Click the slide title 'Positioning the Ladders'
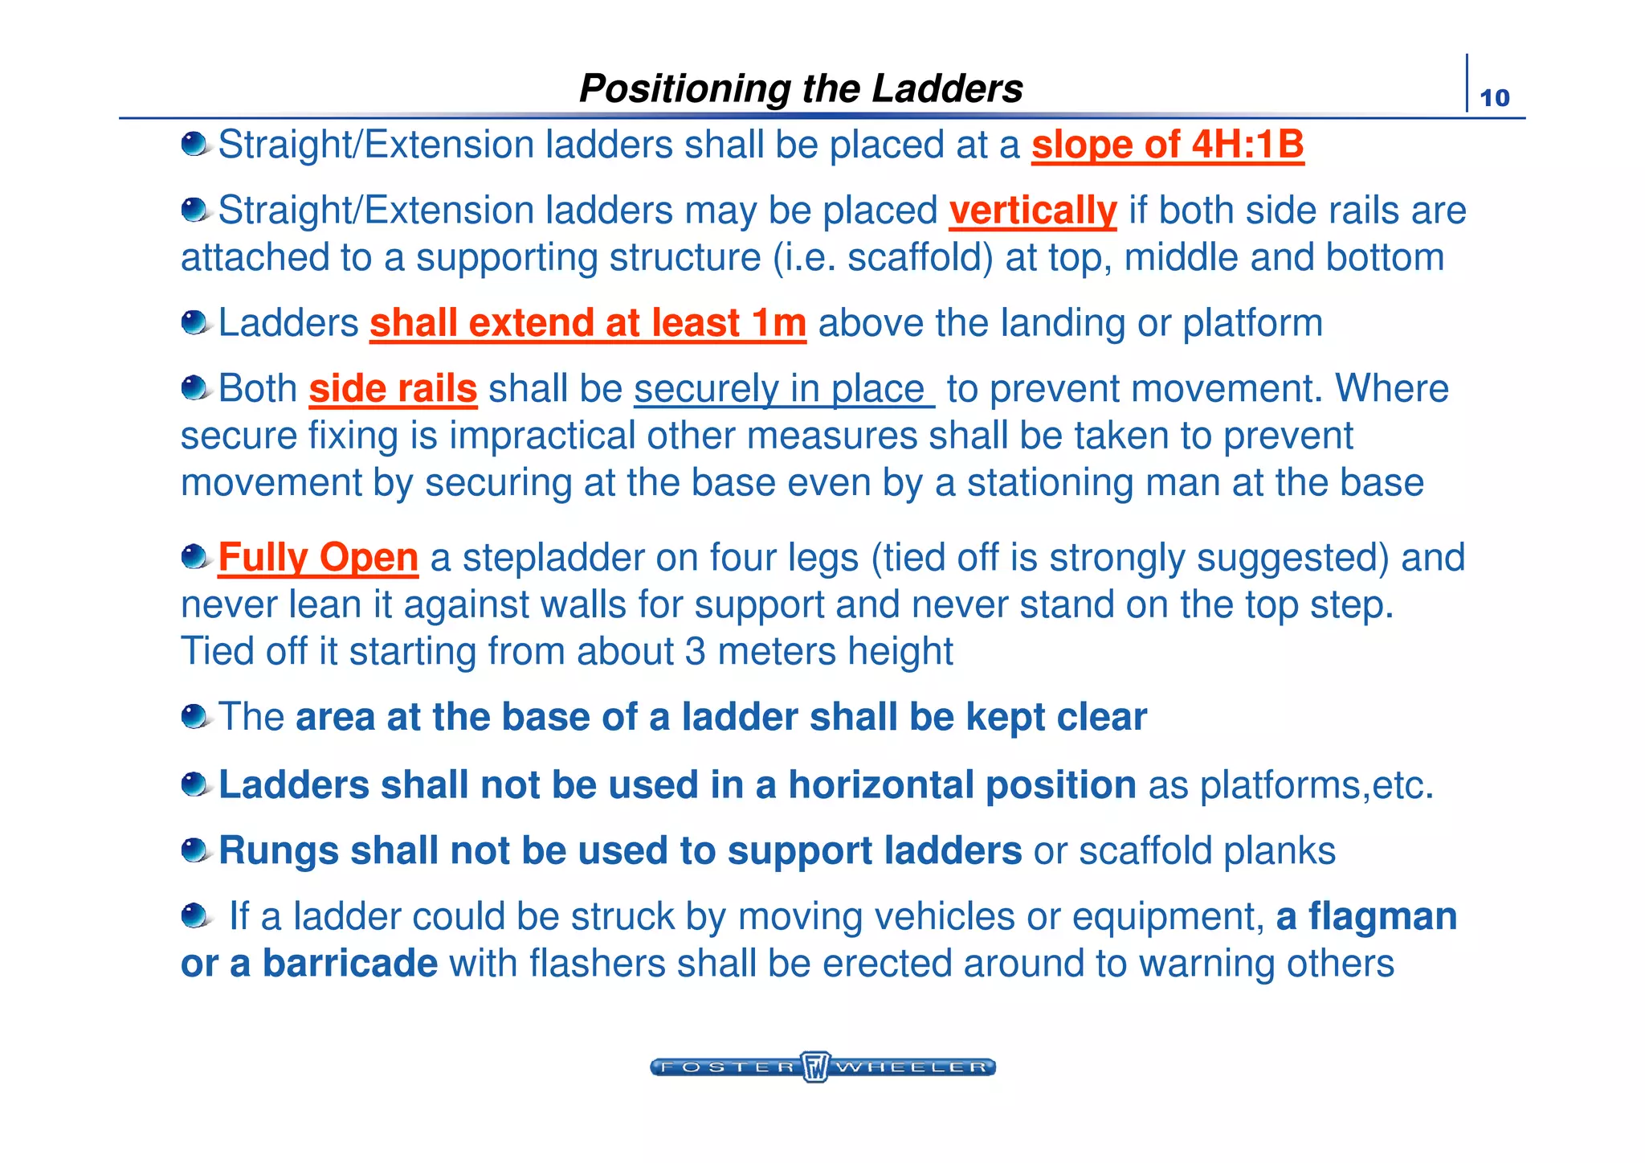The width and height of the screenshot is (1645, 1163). point(801,88)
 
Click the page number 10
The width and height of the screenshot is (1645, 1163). point(1494,98)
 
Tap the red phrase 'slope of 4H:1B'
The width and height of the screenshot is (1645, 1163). point(1167,145)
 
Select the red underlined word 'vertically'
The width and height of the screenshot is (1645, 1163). point(1032,211)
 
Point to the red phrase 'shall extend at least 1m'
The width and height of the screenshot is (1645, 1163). point(587,323)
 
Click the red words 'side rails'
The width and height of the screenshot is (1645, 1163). point(393,389)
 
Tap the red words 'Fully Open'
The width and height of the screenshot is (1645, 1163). point(318,558)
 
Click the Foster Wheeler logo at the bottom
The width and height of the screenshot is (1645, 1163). point(822,1067)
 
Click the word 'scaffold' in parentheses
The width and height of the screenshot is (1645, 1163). point(915,258)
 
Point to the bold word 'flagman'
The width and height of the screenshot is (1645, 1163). point(1382,917)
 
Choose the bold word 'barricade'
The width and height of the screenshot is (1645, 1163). point(350,964)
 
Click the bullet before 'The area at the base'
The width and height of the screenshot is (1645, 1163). point(194,715)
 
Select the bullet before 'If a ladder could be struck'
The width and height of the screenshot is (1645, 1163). point(194,915)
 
